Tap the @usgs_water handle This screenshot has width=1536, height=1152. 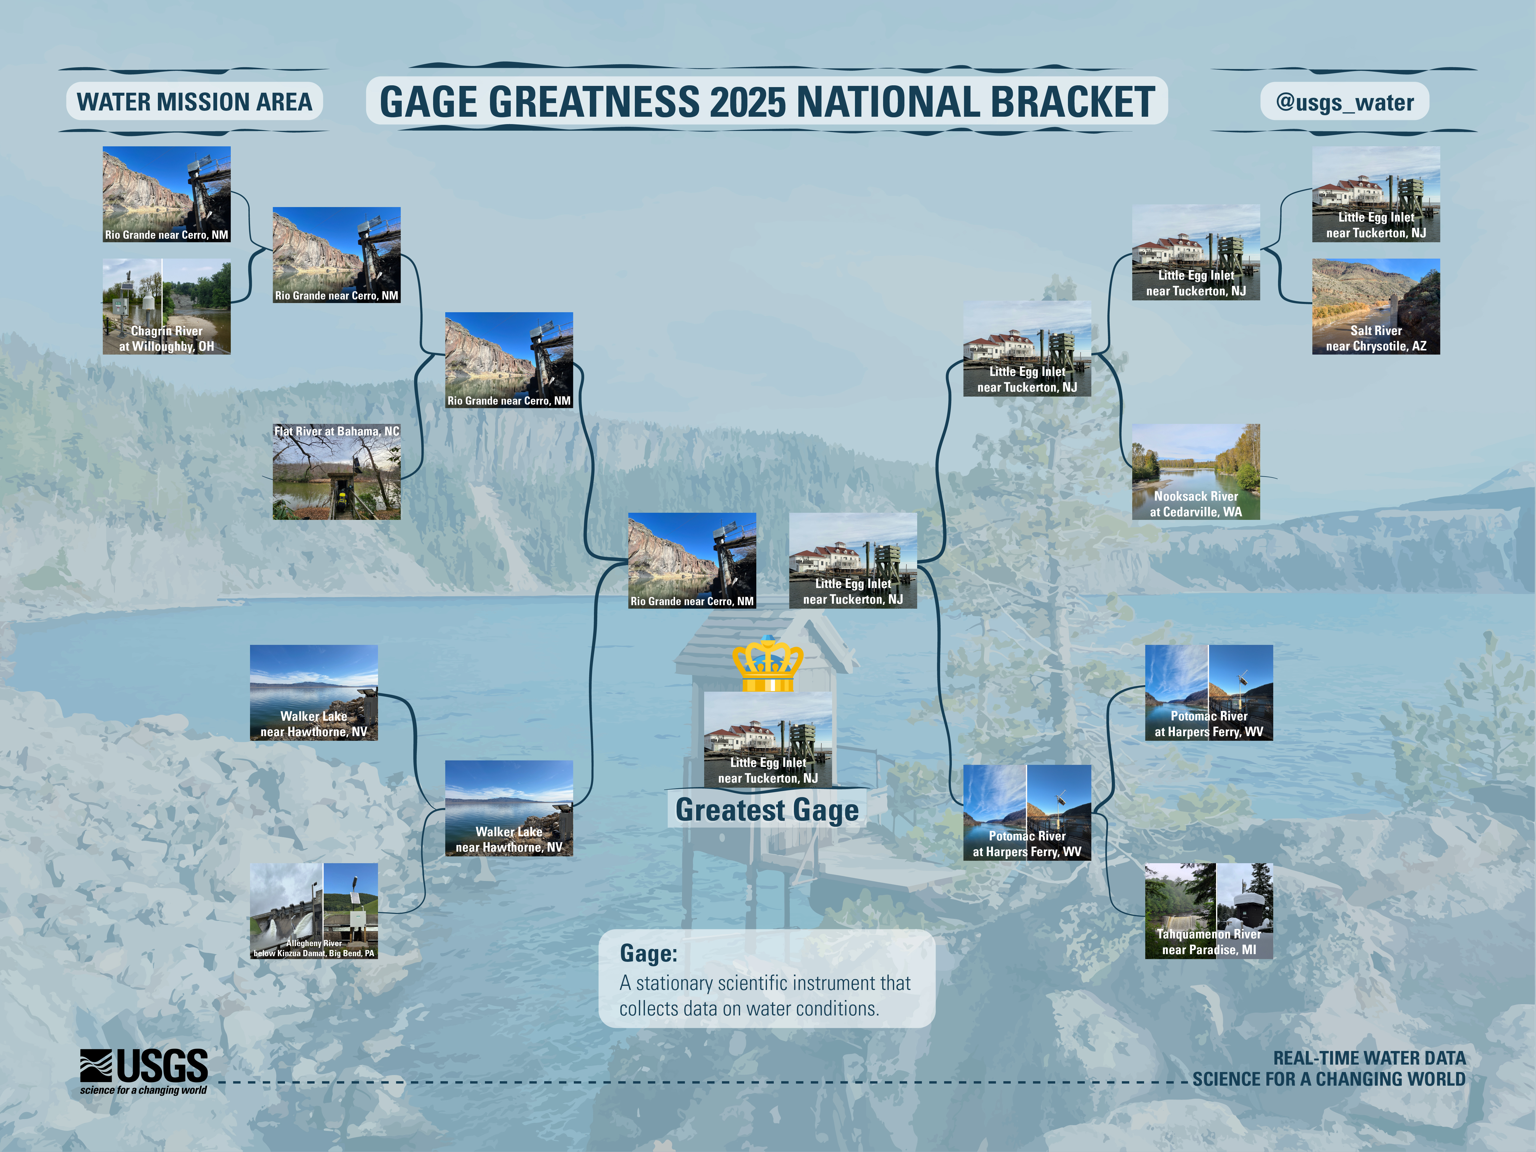tap(1344, 102)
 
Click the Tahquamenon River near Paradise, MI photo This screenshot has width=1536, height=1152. tap(1209, 911)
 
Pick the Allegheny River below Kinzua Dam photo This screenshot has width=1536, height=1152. tap(314, 911)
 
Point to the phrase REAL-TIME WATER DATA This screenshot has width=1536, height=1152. tap(1369, 1058)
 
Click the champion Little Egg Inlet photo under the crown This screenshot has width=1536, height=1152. tap(768, 740)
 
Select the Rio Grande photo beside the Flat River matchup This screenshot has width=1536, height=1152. tap(509, 360)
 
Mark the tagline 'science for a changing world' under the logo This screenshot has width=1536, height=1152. tap(143, 1090)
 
